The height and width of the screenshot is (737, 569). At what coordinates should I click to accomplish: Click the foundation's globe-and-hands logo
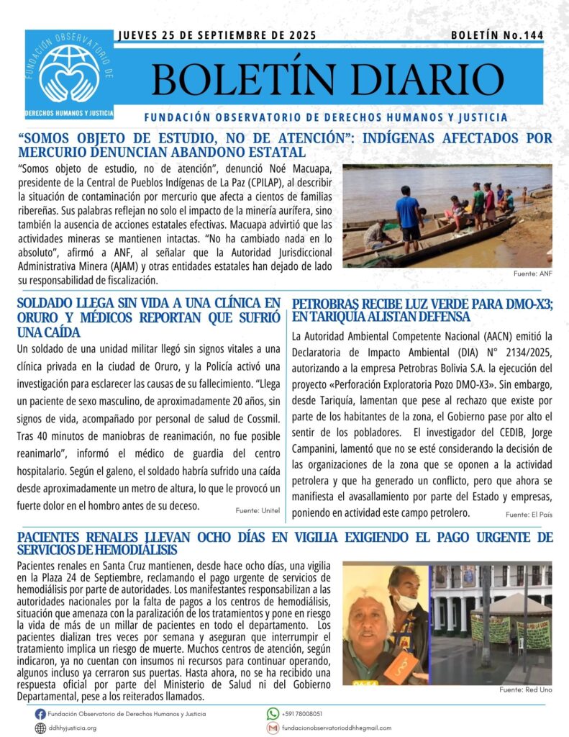70,70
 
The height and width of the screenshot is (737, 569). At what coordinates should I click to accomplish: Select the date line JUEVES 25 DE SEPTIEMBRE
216,35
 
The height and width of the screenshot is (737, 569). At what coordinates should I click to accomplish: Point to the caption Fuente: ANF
532,273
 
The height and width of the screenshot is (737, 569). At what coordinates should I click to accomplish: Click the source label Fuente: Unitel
257,510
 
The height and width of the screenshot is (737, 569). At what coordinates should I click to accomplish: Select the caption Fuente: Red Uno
526,689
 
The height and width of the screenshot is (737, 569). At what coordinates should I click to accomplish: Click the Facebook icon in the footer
40,713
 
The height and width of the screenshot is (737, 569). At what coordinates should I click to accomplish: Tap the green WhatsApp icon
273,713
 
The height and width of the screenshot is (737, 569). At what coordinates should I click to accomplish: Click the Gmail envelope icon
273,728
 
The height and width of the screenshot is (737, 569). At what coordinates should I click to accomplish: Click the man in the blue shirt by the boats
409,216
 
